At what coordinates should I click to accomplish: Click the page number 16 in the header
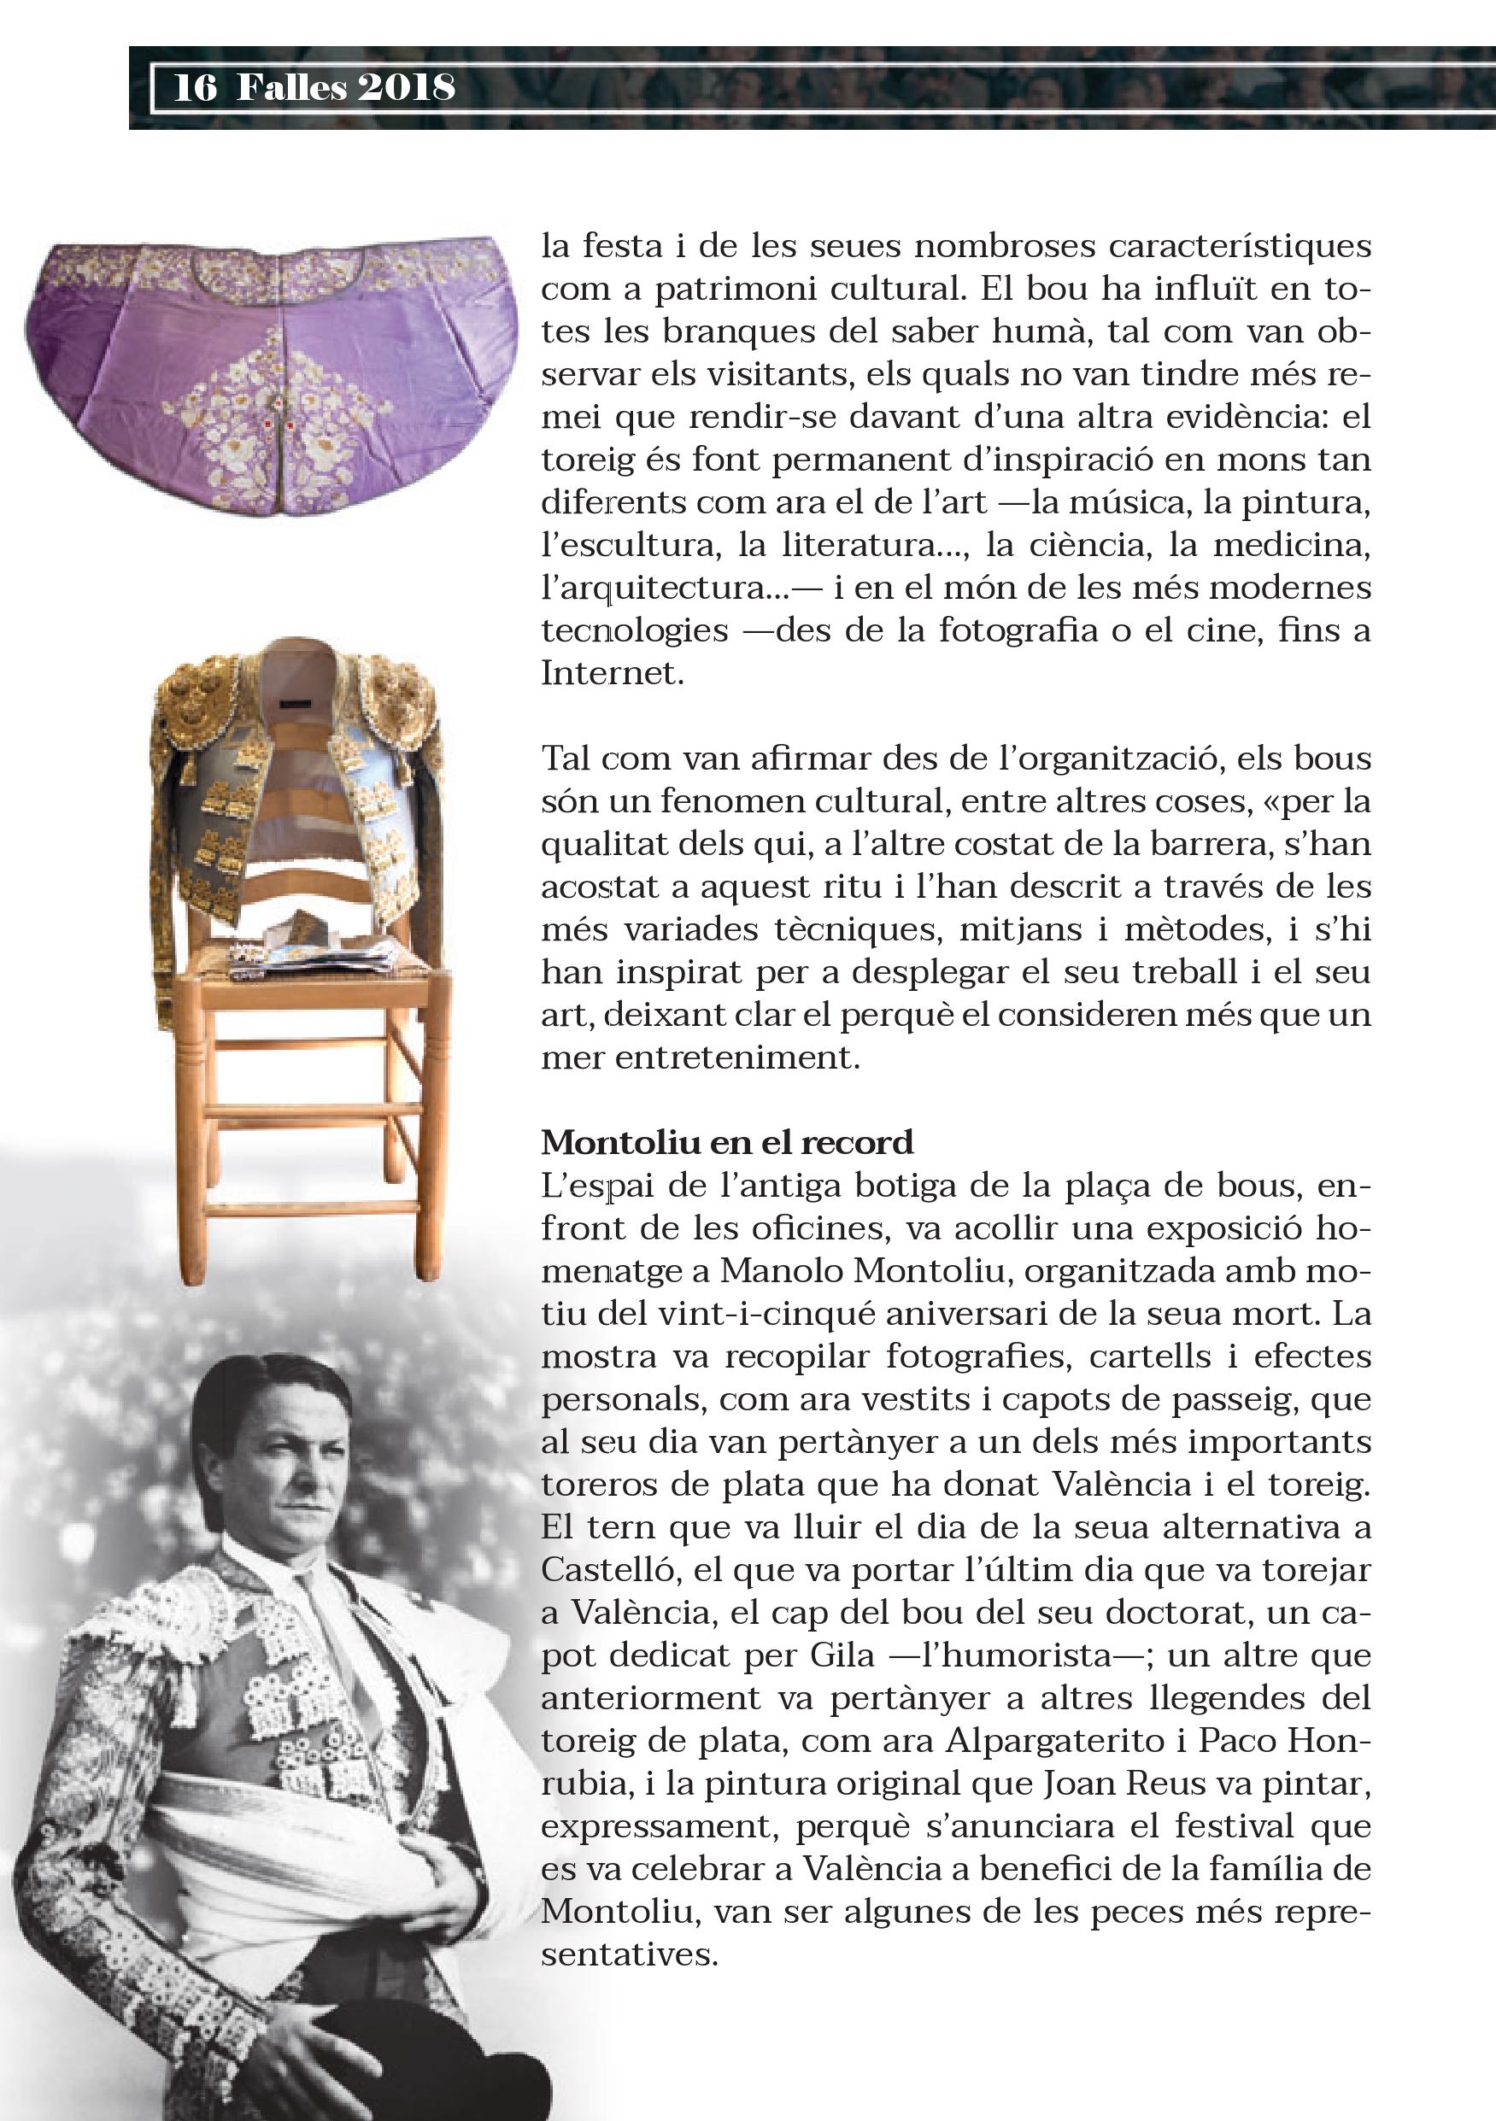(195, 88)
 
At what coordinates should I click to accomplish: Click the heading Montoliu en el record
(727, 1143)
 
